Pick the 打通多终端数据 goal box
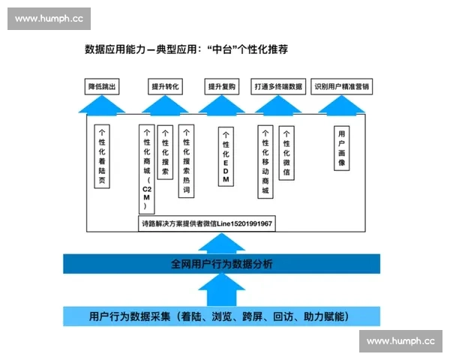point(278,87)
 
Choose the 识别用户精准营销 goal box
point(341,87)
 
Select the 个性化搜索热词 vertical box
point(186,160)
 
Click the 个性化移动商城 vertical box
point(265,160)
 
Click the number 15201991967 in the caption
point(248,223)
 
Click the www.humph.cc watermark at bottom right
point(400,341)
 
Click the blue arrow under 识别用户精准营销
point(341,105)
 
